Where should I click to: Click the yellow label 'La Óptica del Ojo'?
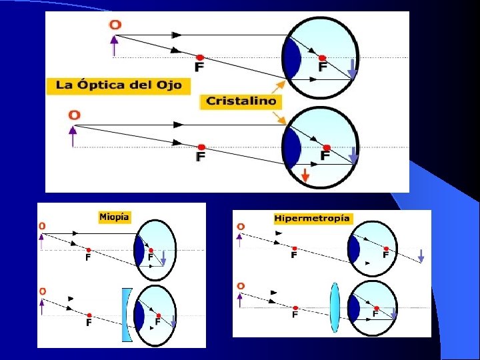click(x=119, y=85)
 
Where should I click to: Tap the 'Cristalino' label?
click(x=241, y=101)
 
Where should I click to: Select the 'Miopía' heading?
click(x=114, y=217)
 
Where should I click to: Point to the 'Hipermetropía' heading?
click(x=312, y=218)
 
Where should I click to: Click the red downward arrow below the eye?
click(x=305, y=176)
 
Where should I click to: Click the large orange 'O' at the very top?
click(x=115, y=25)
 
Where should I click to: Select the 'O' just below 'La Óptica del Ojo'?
click(x=74, y=115)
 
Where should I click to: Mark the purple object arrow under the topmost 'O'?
click(x=115, y=45)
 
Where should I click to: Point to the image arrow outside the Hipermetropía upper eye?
click(x=421, y=255)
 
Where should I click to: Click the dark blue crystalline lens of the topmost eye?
click(x=291, y=57)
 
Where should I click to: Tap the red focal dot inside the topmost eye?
click(x=322, y=58)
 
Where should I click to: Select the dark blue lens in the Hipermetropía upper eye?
click(x=353, y=249)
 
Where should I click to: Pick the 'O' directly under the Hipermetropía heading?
click(x=241, y=227)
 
